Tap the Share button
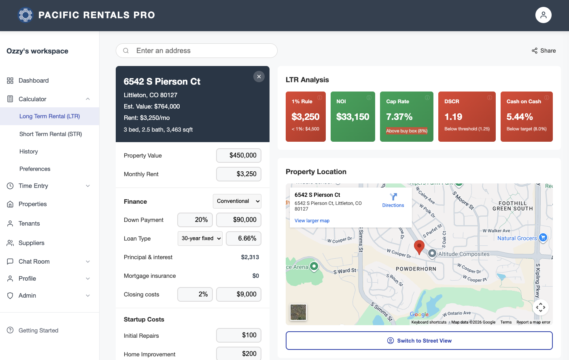click(x=544, y=51)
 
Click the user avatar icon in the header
click(x=543, y=15)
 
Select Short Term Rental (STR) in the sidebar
click(x=51, y=134)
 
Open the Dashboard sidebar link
click(x=34, y=81)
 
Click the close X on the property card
click(x=259, y=77)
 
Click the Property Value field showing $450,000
click(x=239, y=156)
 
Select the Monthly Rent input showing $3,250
click(x=239, y=174)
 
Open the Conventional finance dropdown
click(x=237, y=201)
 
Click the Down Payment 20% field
click(x=195, y=220)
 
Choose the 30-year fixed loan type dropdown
click(x=200, y=239)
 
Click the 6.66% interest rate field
click(x=244, y=239)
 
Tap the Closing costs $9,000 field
click(x=239, y=294)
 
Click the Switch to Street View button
click(x=419, y=341)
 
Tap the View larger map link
click(x=312, y=221)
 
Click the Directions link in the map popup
click(x=393, y=200)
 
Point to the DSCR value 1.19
click(x=453, y=117)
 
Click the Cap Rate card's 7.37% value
click(x=399, y=117)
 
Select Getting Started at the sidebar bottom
click(x=38, y=330)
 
